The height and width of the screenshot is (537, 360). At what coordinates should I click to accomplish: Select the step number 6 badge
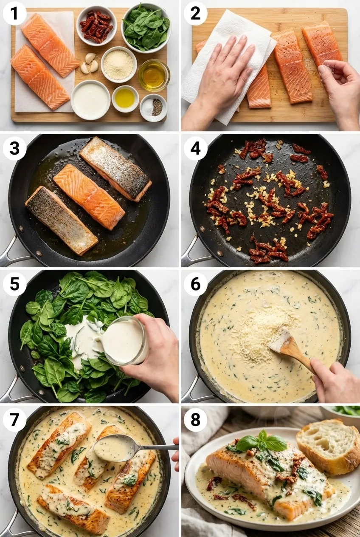[195, 284]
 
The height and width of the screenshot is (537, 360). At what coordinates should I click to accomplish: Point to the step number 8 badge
[195, 420]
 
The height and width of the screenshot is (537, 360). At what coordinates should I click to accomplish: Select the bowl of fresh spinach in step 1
[146, 27]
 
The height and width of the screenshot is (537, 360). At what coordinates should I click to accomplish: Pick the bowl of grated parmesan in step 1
[118, 65]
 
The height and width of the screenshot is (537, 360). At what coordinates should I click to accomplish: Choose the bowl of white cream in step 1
[90, 100]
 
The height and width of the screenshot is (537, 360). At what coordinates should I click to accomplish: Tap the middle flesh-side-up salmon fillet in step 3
[89, 196]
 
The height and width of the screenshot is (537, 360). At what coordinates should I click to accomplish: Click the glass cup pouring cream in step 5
[124, 341]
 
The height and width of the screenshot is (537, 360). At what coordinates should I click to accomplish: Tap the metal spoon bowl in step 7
[113, 448]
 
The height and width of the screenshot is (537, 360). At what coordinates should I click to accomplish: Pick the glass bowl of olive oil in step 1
[154, 75]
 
